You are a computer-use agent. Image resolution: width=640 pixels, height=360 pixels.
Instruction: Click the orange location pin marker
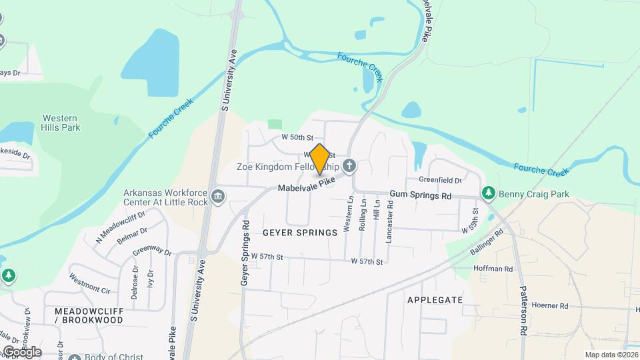tap(319, 159)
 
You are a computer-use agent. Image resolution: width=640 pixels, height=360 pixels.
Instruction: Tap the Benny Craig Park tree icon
tap(489, 193)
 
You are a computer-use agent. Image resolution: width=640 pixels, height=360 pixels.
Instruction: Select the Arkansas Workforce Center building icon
tap(218, 197)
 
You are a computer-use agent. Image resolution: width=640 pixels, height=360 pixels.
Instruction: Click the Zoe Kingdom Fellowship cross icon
tap(348, 165)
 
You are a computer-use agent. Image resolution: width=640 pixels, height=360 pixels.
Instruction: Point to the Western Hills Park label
tap(59, 121)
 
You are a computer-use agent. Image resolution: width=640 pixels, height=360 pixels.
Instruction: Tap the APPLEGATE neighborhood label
tap(435, 300)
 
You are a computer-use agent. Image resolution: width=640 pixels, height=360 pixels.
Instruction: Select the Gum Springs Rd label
tap(421, 196)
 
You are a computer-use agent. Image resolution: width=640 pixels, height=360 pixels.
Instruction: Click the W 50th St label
tap(297, 137)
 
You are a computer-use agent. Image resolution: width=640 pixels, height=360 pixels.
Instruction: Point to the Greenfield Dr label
tap(440, 180)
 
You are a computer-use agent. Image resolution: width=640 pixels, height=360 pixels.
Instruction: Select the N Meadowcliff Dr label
tap(111, 230)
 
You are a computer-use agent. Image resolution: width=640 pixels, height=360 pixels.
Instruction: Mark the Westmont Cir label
tap(89, 284)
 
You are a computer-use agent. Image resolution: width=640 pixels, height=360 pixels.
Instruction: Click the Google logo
tap(21, 352)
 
